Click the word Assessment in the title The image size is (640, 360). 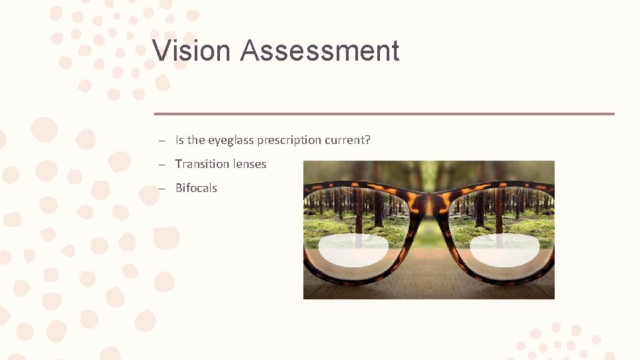(x=319, y=51)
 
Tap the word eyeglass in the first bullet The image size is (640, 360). (x=231, y=140)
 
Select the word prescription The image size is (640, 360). (x=289, y=140)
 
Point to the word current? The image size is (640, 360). (x=347, y=140)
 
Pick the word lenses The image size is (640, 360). (x=248, y=164)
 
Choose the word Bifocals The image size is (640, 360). (x=196, y=188)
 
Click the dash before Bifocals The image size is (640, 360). (x=162, y=189)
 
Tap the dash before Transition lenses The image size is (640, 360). (x=162, y=165)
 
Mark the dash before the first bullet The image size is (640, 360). (x=162, y=141)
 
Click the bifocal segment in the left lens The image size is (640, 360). (x=353, y=249)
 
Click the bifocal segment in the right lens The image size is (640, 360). (x=504, y=249)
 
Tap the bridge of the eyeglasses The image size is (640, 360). (x=429, y=200)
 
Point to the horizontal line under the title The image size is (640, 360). (x=384, y=114)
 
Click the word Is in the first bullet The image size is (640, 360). (x=179, y=140)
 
